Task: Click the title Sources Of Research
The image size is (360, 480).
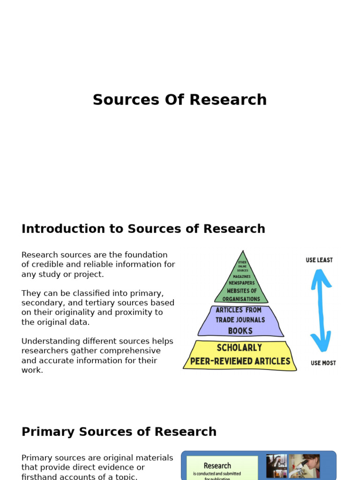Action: point(180,100)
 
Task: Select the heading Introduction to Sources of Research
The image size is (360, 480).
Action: point(143,229)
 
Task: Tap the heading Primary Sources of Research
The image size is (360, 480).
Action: point(119,432)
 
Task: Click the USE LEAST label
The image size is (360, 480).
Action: point(319,260)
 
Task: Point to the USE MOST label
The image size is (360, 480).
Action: point(323,363)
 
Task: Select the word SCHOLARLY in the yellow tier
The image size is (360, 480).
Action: point(240,348)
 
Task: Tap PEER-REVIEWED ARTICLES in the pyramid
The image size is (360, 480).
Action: point(240,361)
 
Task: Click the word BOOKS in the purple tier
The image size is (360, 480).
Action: point(240,331)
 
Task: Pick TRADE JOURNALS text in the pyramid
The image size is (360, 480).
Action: point(240,320)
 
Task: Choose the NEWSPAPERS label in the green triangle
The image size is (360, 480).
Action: point(241,283)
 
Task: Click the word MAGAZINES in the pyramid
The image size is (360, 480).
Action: point(241,277)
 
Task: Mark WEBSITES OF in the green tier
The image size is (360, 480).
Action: point(241,291)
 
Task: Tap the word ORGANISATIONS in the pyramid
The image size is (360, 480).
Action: point(241,299)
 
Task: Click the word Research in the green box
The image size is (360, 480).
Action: point(217,465)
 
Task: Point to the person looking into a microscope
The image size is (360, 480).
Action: point(304,465)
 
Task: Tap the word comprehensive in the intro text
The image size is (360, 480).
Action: point(131,351)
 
